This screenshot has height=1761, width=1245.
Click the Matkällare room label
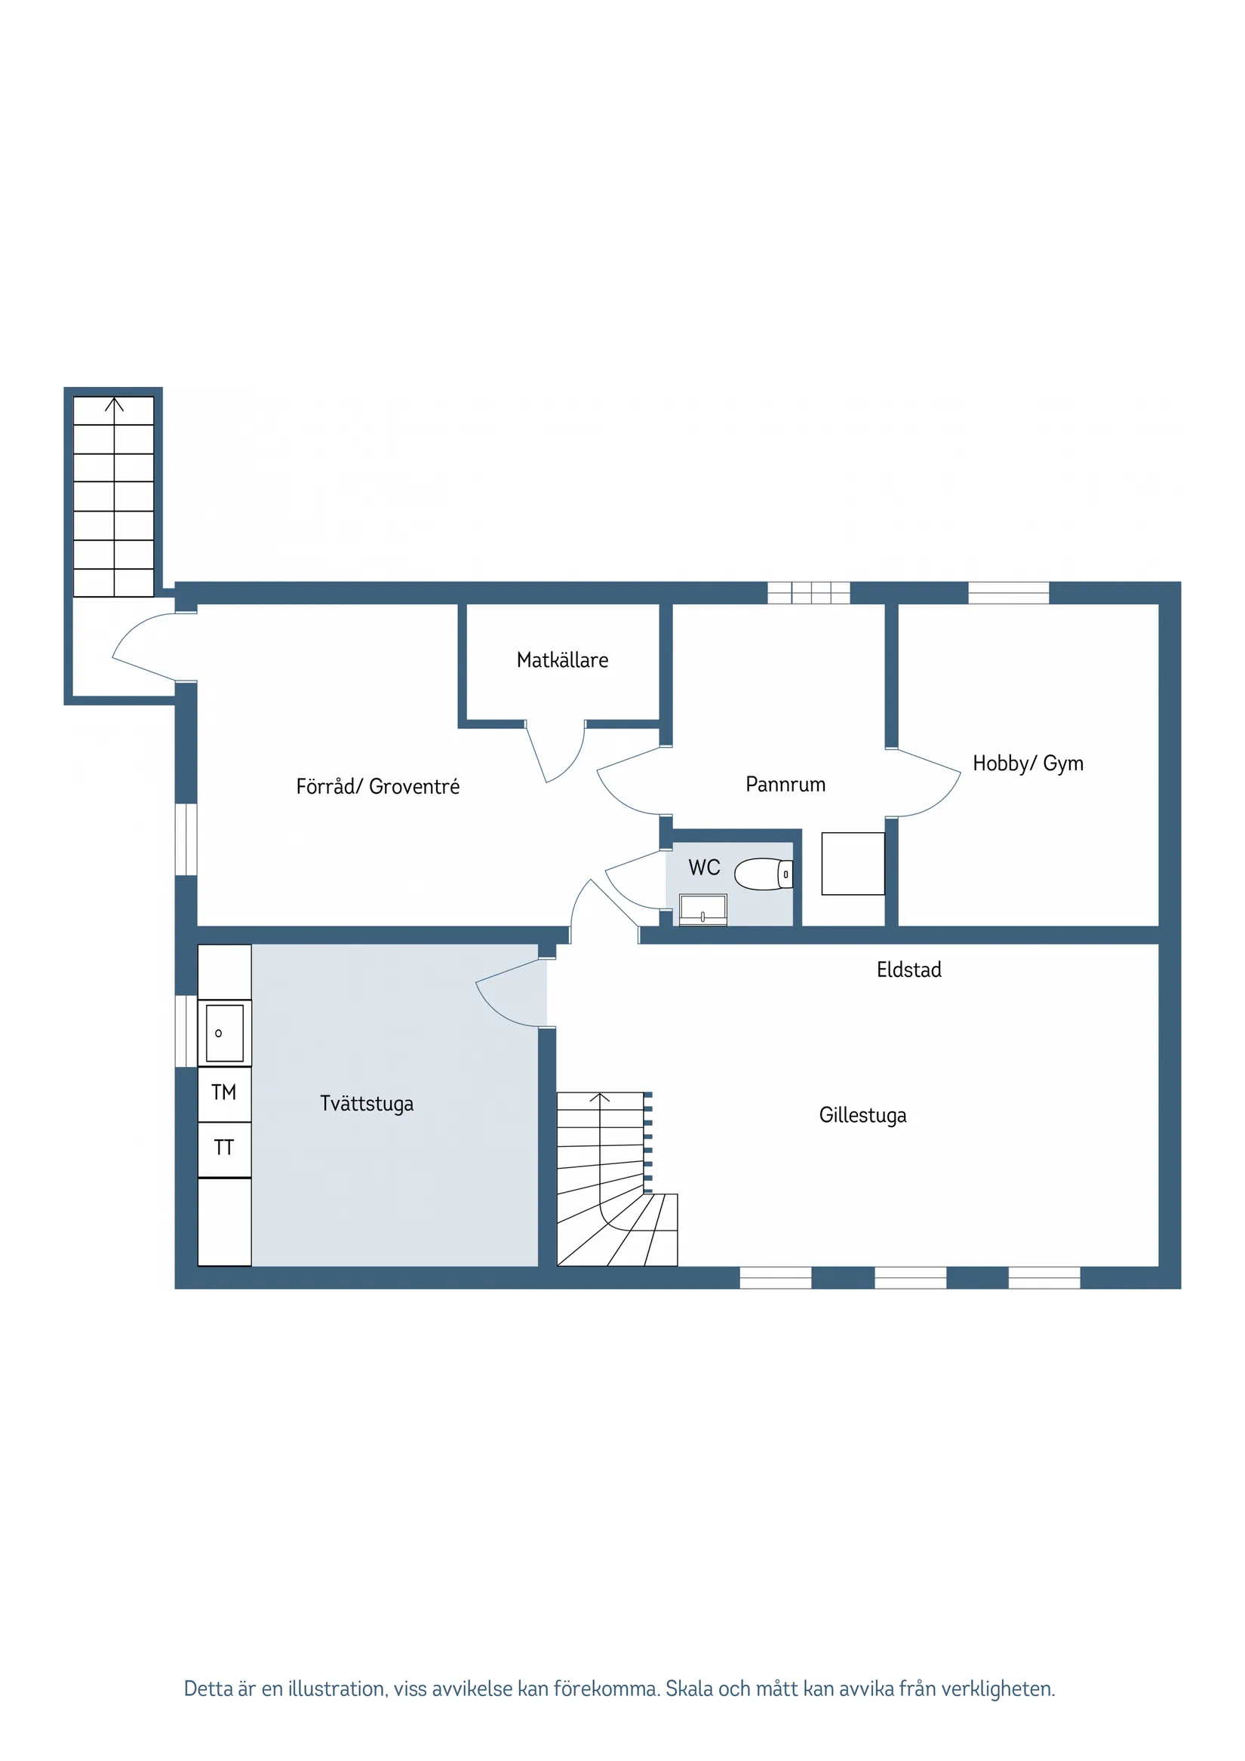tap(562, 660)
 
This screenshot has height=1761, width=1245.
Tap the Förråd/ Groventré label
tap(377, 787)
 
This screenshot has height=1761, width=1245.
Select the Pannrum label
tap(785, 785)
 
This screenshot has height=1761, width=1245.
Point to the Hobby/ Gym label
tap(1028, 764)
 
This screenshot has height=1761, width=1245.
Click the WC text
tap(704, 868)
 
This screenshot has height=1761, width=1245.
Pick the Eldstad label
tap(909, 970)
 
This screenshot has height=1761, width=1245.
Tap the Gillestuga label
tap(863, 1115)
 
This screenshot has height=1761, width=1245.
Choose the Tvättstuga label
tap(367, 1104)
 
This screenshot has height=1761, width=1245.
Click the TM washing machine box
tap(224, 1093)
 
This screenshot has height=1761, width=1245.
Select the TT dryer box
tap(224, 1148)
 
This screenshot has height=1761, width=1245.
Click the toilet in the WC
tap(764, 874)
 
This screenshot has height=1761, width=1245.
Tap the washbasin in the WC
tap(702, 910)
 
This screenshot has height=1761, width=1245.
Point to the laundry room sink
tap(225, 1033)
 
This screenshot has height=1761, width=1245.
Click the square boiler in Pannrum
tap(853, 864)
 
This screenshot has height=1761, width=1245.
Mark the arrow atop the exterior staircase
tap(114, 405)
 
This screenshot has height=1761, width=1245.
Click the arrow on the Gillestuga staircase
tap(600, 1098)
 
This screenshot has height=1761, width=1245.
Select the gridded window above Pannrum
tap(809, 593)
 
